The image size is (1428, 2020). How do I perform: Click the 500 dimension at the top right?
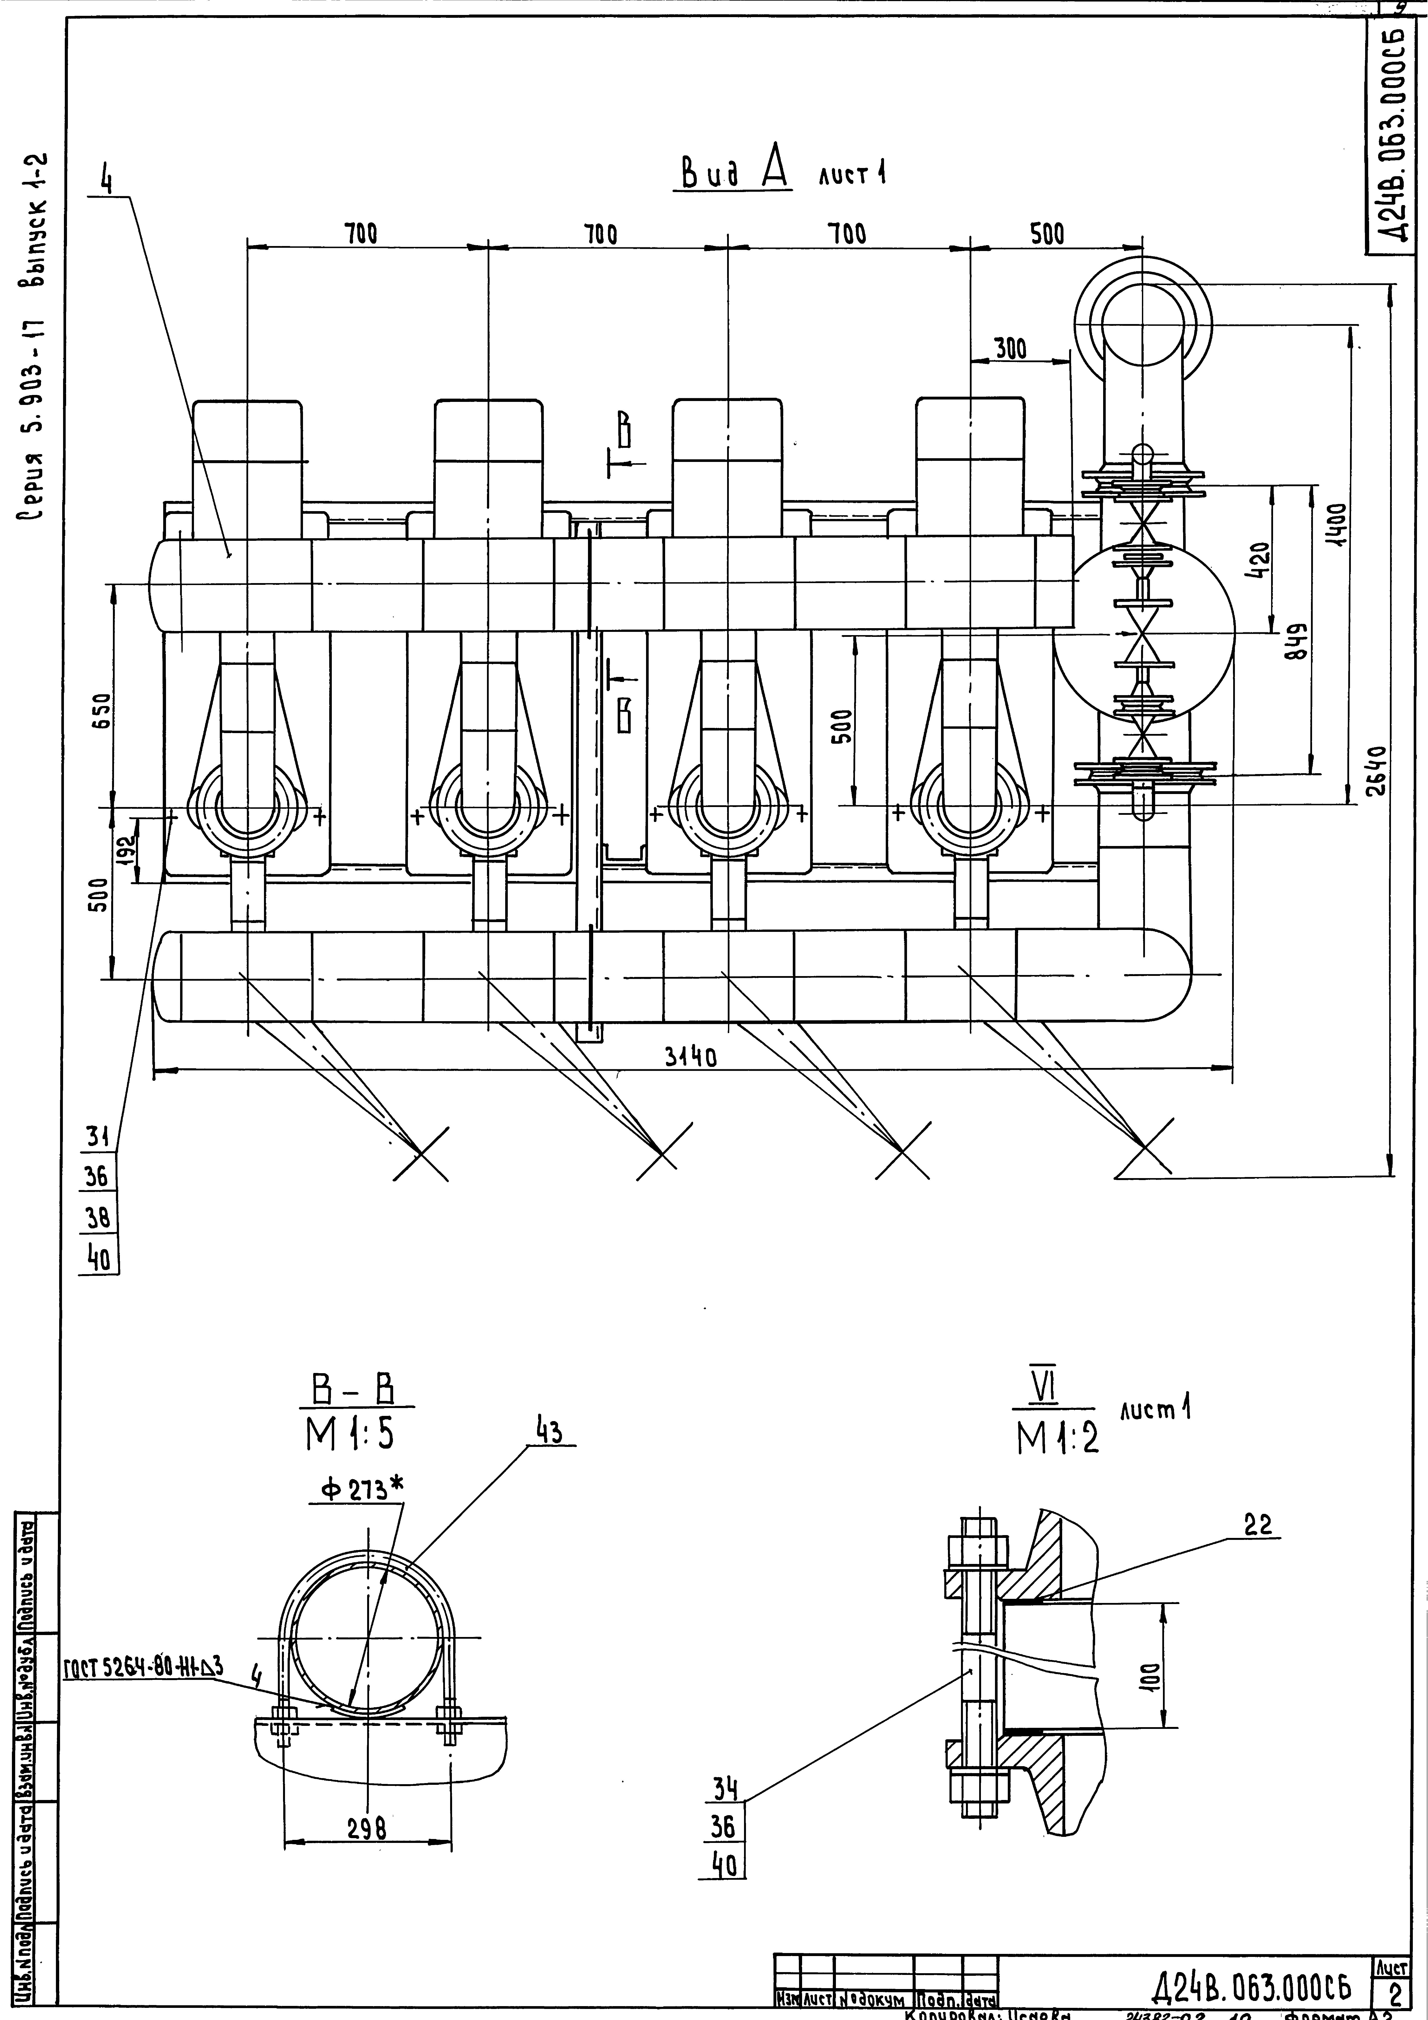coord(1047,234)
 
